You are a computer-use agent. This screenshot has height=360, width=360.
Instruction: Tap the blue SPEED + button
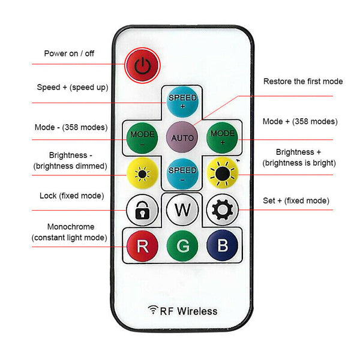(x=182, y=101)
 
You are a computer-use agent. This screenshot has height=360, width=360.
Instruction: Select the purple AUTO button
(x=182, y=137)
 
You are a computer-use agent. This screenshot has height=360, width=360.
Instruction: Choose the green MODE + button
(x=222, y=137)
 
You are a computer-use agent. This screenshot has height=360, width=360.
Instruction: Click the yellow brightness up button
(x=223, y=174)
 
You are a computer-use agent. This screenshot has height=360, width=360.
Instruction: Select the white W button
(x=182, y=211)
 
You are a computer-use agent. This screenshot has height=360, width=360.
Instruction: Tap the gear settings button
(x=222, y=210)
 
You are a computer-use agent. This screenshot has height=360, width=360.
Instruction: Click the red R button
(x=142, y=246)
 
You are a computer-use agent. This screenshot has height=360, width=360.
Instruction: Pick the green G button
(x=182, y=246)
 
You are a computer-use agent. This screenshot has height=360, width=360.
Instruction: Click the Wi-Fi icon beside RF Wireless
(x=153, y=310)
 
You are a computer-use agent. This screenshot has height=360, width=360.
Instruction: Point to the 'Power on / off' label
(x=69, y=53)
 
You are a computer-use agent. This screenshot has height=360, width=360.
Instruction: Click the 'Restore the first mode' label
(x=303, y=81)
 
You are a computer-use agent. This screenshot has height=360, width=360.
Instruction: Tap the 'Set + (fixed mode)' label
(x=296, y=200)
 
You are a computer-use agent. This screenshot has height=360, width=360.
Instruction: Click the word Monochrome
(x=70, y=227)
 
